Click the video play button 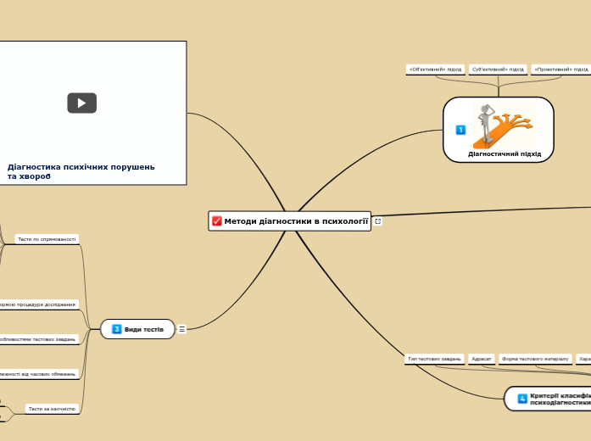[x=82, y=103]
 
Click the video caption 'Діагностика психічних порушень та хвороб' [x=81, y=171]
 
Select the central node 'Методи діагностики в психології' [x=296, y=221]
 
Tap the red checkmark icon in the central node [x=217, y=221]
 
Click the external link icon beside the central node [x=378, y=221]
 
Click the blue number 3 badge [x=117, y=329]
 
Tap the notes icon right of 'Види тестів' [x=182, y=329]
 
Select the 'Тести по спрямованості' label [x=47, y=239]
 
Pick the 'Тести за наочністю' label [x=52, y=409]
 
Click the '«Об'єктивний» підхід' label [x=435, y=70]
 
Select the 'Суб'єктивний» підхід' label [x=498, y=70]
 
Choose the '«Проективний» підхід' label [x=560, y=70]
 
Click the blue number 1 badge [x=460, y=130]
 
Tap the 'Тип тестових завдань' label [x=434, y=359]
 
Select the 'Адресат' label [x=482, y=359]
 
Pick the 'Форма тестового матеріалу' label [x=535, y=359]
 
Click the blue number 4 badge [x=522, y=398]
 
